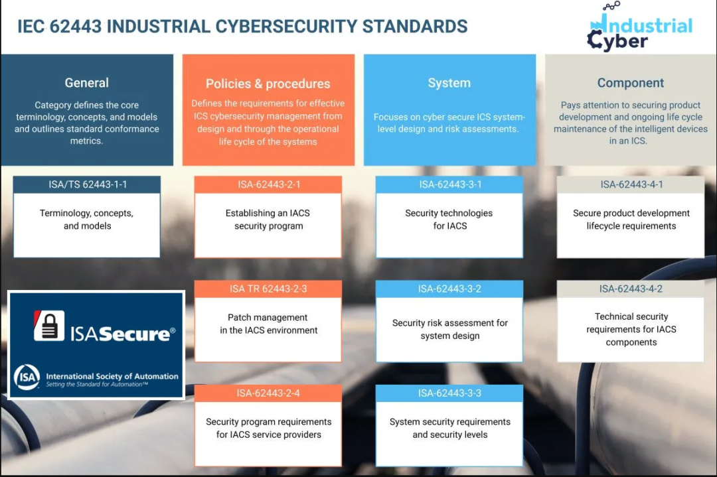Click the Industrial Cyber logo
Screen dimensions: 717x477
coord(640,27)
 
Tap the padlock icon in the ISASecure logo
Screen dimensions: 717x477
coord(49,326)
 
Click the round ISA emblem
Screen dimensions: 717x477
coord(27,377)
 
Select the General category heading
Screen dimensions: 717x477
coord(87,83)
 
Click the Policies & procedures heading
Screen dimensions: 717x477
coord(268,84)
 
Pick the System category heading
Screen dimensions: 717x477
coord(449,83)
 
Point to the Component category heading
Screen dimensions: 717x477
coord(631,83)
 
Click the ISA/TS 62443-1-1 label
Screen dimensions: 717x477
coord(88,184)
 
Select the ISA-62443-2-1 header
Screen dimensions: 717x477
coord(269,184)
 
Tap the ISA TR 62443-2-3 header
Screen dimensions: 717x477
coord(268,289)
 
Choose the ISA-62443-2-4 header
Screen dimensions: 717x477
coord(268,393)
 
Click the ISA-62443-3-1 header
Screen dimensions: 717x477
coord(450,184)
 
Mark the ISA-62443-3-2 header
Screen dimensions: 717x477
coord(449,289)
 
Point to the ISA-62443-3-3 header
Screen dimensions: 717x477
coord(449,393)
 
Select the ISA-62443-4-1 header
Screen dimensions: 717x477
coord(631,184)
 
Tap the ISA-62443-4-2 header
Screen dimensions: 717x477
coord(631,289)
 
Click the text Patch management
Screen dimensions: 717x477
coord(268,318)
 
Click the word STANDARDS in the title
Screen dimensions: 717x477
coord(415,26)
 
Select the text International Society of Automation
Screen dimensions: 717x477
coord(112,376)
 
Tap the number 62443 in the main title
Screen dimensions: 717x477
coord(76,26)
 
